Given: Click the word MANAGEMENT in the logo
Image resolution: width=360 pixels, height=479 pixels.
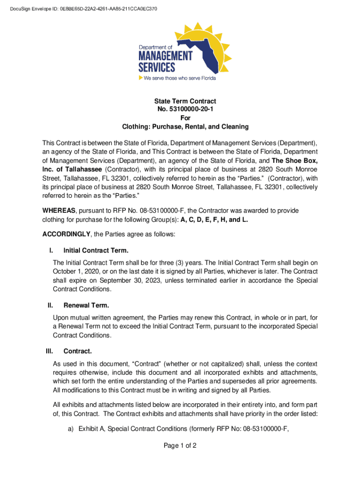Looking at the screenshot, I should [165, 57].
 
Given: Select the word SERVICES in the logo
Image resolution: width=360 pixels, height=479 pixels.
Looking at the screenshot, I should [157, 68].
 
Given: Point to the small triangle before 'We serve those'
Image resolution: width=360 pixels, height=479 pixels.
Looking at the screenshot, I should [140, 78].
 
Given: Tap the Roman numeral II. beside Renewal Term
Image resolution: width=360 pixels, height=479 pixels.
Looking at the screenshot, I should [50, 305].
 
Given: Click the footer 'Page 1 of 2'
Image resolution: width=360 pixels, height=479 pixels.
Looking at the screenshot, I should [180, 446].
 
